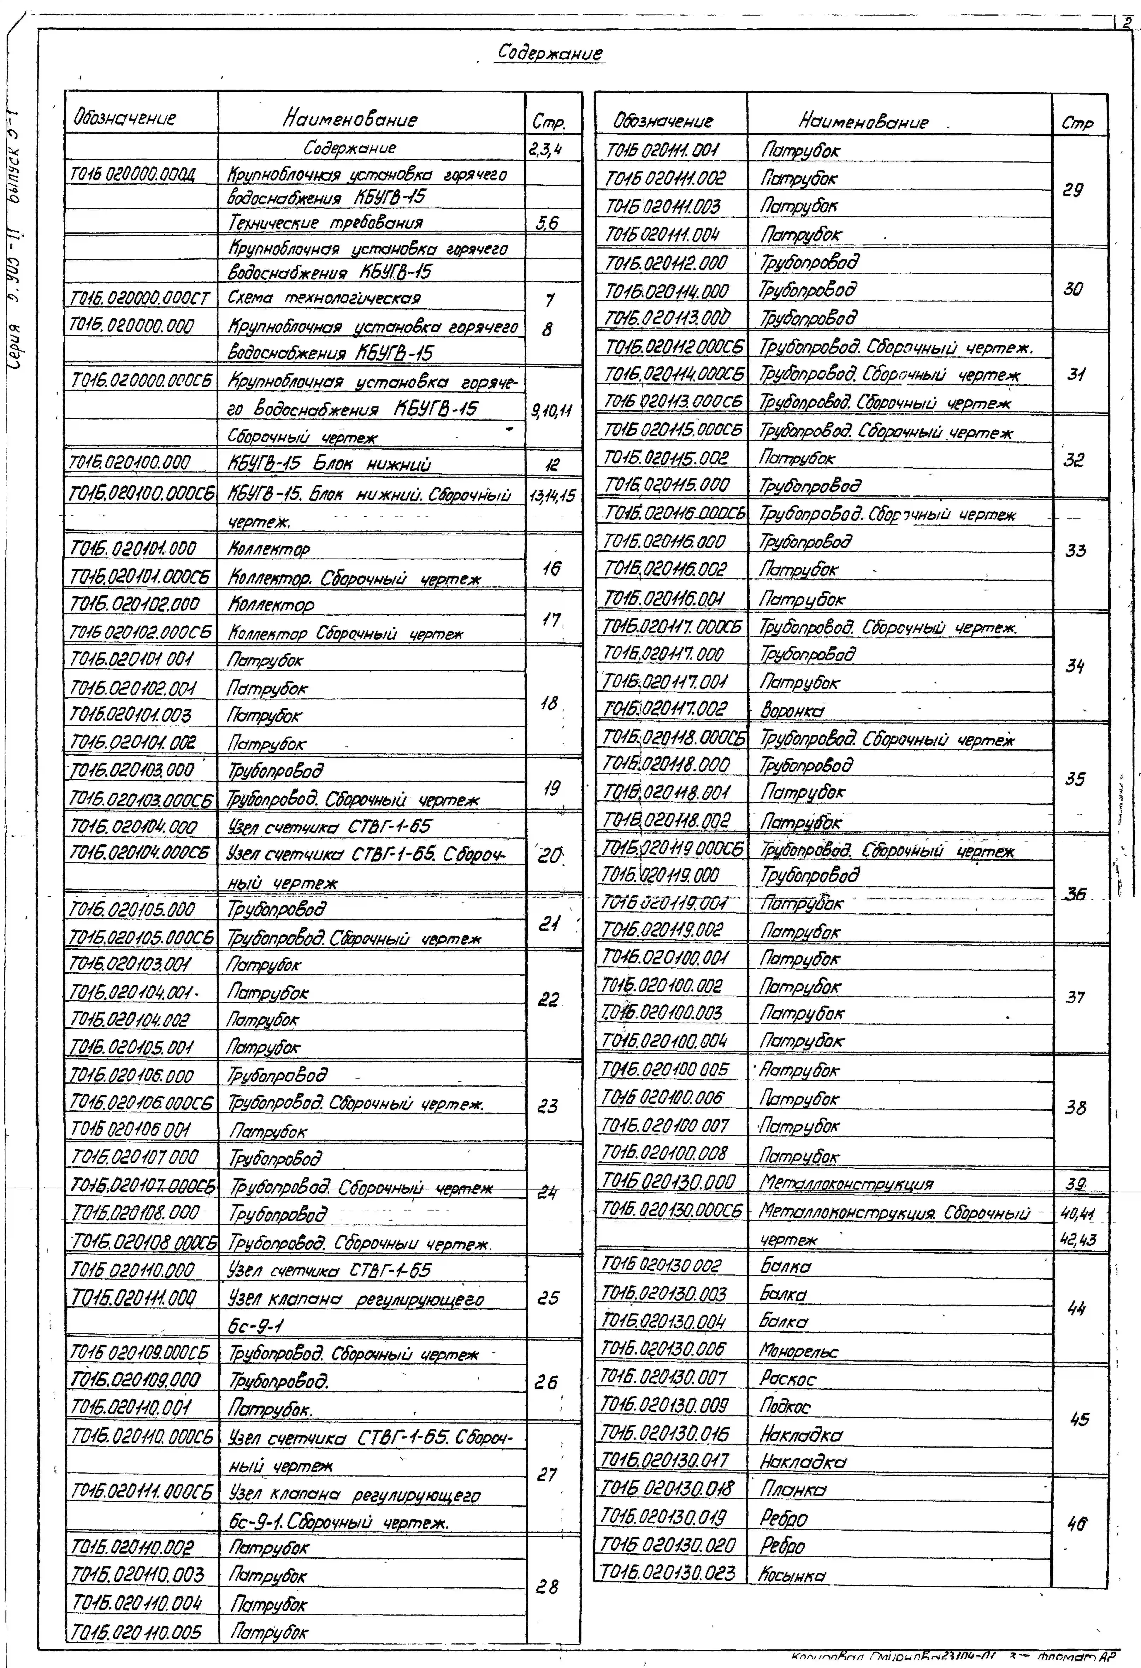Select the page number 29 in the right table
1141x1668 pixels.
(x=1073, y=191)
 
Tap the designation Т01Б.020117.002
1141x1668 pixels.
(x=665, y=709)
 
